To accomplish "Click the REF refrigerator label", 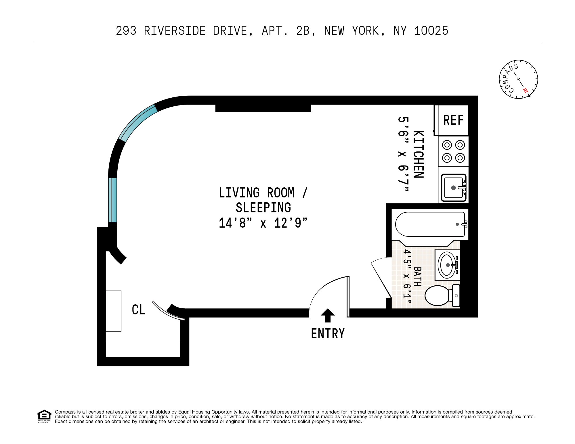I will click(453, 120).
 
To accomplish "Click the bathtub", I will click(430, 224).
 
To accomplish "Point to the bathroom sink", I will click(447, 265).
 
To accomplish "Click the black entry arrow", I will click(328, 315).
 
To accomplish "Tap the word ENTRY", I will click(328, 334).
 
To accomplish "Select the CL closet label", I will click(138, 310).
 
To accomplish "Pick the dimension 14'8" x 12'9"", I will click(263, 223).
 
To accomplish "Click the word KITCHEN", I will click(419, 154).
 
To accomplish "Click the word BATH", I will click(418, 276).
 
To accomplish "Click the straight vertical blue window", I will click(112, 200).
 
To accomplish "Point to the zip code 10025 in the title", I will click(431, 31).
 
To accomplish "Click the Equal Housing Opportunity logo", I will click(44, 416).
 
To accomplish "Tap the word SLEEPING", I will click(263, 208).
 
